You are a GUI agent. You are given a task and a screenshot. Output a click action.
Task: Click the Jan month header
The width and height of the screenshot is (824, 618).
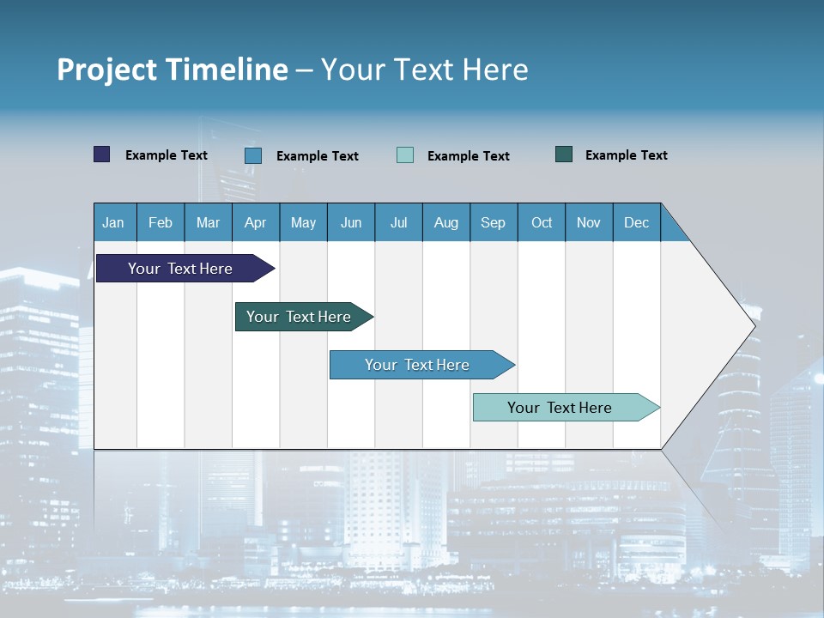coord(113,222)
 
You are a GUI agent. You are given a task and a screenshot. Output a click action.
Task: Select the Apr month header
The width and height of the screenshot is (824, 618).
coord(255,222)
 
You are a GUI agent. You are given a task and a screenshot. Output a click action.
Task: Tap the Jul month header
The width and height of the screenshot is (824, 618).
coord(398,222)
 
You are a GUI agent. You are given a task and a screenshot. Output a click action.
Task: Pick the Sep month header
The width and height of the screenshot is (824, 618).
coord(493,222)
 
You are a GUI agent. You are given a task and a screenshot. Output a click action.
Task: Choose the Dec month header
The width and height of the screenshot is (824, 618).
coord(636,222)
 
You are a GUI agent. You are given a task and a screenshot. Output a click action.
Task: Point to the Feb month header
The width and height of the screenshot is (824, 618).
coord(161,222)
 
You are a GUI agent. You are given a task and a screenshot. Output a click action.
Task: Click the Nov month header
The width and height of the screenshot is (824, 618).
coord(589,222)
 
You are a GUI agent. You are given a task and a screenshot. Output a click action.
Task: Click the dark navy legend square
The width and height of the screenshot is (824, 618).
coord(102,154)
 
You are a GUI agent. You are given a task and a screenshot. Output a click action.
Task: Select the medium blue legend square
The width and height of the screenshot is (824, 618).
coord(253,155)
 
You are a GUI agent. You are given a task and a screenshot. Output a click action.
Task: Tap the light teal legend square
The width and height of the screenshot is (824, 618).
coord(405,155)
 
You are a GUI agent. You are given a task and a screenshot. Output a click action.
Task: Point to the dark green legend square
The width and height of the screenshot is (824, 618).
coord(564,154)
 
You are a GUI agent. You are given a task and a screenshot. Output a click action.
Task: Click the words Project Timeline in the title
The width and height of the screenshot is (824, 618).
coord(172,70)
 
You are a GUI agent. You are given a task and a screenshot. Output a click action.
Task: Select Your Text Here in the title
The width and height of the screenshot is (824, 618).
coord(424,70)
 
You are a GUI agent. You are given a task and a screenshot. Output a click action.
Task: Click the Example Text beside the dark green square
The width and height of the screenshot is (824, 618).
coord(626,155)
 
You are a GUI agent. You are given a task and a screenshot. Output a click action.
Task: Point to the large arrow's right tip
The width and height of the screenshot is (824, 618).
coord(754,325)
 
